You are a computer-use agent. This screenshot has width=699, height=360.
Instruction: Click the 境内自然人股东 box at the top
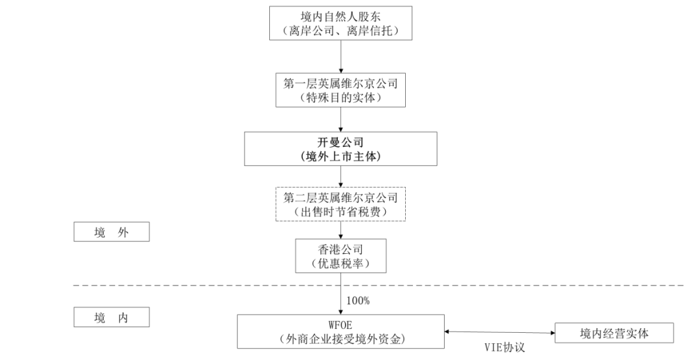[340, 23]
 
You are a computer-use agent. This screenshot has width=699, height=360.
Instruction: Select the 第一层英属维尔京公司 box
[340, 91]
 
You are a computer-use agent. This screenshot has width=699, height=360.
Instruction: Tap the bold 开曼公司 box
[340, 149]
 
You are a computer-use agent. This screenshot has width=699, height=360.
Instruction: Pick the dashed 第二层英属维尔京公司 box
[340, 204]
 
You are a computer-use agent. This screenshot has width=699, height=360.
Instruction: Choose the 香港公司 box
[340, 256]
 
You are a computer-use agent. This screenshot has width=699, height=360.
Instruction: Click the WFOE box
[340, 331]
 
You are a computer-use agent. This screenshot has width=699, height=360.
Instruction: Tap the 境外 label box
[111, 232]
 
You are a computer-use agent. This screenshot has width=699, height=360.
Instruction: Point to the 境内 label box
[111, 317]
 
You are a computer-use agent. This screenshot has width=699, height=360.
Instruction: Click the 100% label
[358, 300]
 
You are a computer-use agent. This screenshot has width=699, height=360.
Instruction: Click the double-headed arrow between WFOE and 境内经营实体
[500, 333]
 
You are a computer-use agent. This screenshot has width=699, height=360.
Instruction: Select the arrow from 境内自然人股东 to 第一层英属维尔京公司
[340, 57]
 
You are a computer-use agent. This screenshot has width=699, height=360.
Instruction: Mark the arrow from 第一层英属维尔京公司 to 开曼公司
[340, 119]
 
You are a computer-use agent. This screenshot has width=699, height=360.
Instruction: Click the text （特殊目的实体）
[340, 98]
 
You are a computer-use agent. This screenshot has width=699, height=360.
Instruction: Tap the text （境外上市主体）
[340, 156]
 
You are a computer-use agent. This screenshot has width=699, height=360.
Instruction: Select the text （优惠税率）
[340, 264]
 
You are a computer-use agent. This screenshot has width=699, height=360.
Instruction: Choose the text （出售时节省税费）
[340, 212]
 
